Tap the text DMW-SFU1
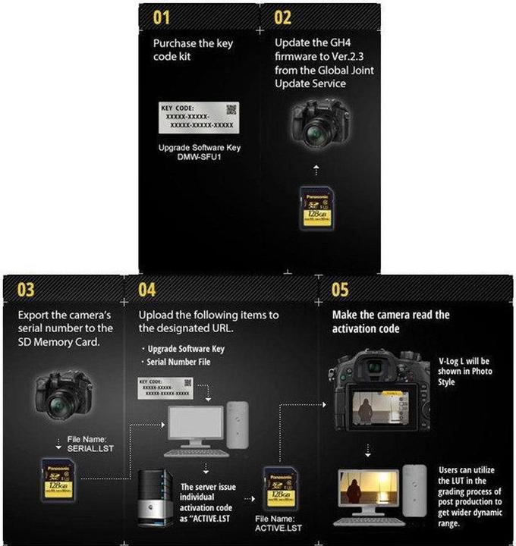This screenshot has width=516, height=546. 197,156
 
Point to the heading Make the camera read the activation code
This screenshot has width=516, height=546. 391,322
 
